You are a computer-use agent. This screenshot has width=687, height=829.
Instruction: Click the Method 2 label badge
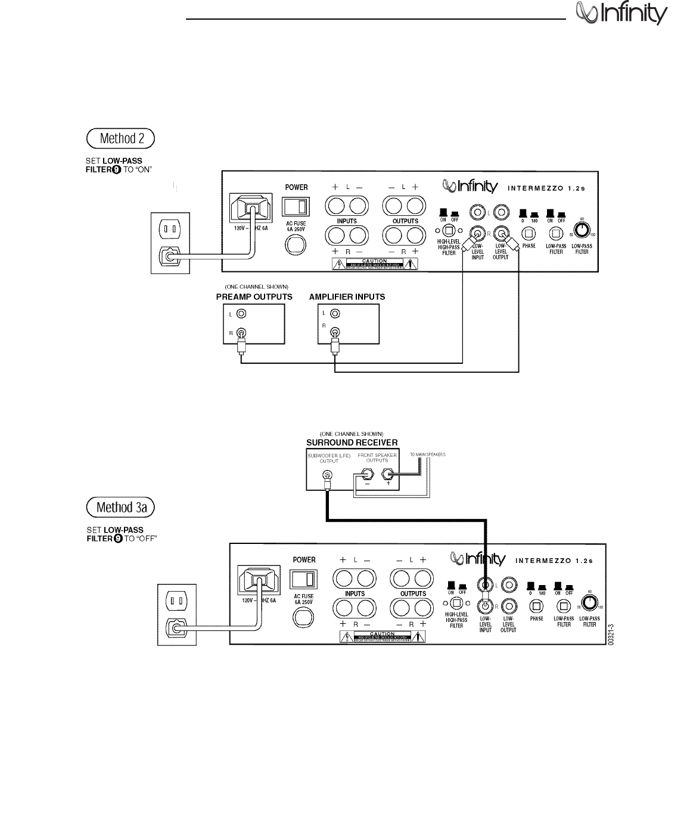click(x=120, y=138)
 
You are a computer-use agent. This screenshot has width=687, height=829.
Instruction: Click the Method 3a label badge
click(x=120, y=508)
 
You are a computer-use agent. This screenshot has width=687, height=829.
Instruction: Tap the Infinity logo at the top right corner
click(x=620, y=13)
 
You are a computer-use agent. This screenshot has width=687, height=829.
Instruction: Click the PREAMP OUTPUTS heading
click(x=254, y=297)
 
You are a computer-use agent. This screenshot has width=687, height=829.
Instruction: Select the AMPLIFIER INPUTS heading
click(x=347, y=297)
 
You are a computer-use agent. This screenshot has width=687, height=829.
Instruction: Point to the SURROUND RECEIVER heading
click(x=352, y=443)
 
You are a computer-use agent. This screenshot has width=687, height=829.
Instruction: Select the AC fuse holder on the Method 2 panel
click(x=296, y=245)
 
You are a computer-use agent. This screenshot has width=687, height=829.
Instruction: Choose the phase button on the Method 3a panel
click(x=536, y=606)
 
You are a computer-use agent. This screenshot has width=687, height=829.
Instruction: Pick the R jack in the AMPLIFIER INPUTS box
click(x=335, y=333)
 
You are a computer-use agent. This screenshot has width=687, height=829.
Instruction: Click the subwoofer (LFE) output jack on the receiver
click(x=327, y=475)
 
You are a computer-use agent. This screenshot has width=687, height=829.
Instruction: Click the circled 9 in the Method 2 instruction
click(x=117, y=169)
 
